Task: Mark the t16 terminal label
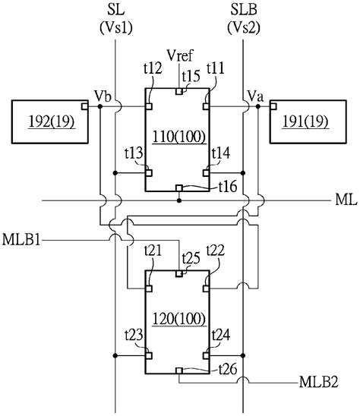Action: pos(229,187)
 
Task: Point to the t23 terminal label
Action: pos(134,333)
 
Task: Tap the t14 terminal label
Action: pos(221,154)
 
